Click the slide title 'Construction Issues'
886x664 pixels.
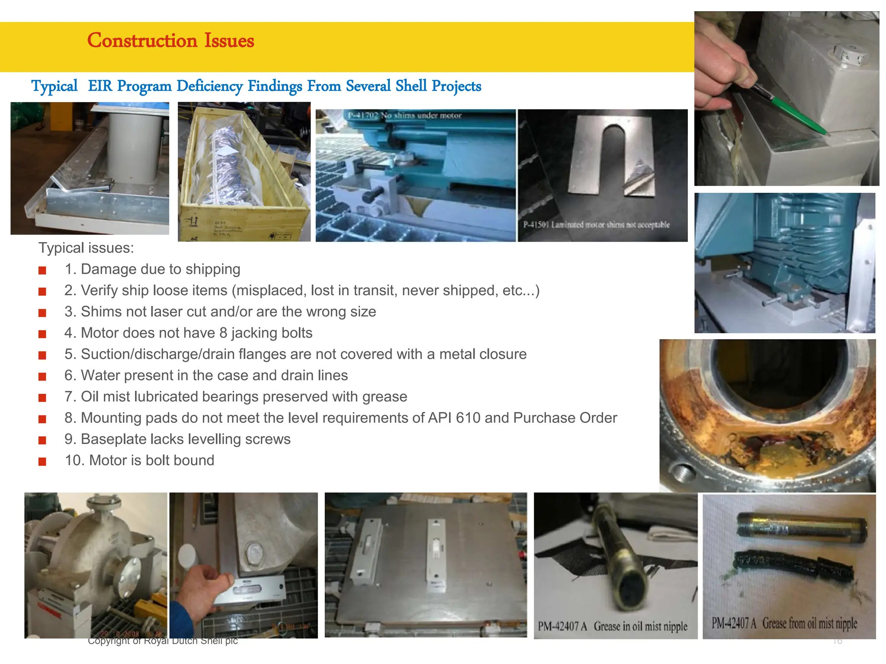pyautogui.click(x=170, y=41)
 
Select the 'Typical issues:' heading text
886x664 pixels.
pyautogui.click(x=86, y=248)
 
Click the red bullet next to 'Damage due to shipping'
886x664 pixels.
pyautogui.click(x=42, y=271)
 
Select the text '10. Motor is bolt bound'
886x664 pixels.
pyautogui.click(x=139, y=460)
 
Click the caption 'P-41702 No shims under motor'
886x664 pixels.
pyautogui.click(x=404, y=115)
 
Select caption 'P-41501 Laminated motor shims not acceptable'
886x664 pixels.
pyautogui.click(x=596, y=225)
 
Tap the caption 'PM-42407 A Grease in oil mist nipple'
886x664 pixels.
pyautogui.click(x=612, y=626)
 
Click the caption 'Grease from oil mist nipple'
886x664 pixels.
pyautogui.click(x=809, y=623)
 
